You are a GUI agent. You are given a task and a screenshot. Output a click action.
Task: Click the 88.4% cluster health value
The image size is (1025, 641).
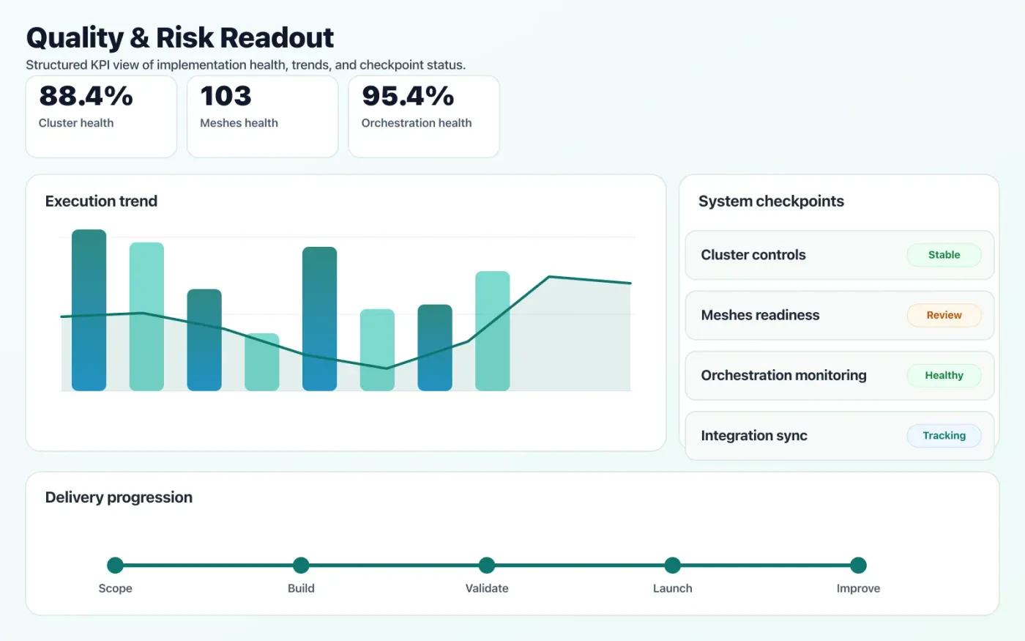pos(86,96)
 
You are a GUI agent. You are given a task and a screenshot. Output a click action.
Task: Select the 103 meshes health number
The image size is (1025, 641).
pos(225,96)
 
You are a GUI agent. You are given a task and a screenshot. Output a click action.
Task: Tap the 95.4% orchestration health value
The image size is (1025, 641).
pos(408,96)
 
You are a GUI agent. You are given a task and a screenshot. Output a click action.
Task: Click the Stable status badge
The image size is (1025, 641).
pos(944,255)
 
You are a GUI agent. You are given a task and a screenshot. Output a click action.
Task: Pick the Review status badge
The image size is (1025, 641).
pos(944,315)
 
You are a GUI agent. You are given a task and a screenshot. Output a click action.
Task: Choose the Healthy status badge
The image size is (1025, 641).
pos(944,375)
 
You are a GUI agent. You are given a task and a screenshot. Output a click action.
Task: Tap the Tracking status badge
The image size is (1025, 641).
pos(944,435)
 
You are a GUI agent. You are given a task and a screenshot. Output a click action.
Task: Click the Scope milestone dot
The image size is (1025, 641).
pos(115,565)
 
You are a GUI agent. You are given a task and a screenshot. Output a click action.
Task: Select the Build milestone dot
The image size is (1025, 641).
pos(301,565)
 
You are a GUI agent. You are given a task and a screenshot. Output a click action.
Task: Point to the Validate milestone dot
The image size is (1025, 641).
pos(487,565)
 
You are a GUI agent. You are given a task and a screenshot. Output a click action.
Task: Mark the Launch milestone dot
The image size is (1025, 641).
pos(672,565)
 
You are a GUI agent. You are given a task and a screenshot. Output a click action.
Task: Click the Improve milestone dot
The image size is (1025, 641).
pos(858,565)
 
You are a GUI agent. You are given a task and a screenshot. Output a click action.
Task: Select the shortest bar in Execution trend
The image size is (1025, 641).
pos(261,362)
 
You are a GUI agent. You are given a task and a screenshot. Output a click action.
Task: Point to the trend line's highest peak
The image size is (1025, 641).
pos(549,277)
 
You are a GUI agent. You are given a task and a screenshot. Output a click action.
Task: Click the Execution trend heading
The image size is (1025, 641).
pos(101,201)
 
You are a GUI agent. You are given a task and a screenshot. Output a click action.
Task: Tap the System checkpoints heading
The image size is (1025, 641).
pos(771,201)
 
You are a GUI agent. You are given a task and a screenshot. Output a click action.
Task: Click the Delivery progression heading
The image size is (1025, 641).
pos(119,497)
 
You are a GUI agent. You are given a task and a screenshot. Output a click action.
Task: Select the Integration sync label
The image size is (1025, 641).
pos(754,436)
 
